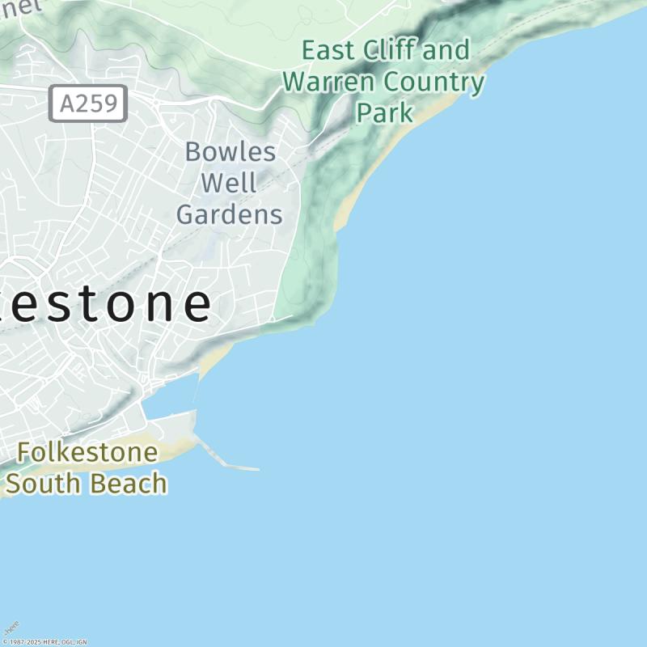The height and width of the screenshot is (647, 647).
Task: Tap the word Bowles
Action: (230, 151)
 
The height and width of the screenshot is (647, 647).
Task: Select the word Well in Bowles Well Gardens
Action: (229, 183)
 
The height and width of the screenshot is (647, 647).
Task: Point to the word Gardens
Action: (229, 214)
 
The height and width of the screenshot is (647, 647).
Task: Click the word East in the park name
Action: (328, 50)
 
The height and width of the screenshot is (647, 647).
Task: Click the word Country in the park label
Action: (433, 82)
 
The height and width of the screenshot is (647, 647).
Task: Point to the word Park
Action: (385, 112)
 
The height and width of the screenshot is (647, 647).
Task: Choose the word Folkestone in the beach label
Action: (87, 452)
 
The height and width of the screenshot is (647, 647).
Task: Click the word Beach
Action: (129, 484)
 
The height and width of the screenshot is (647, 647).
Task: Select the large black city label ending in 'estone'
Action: (105, 303)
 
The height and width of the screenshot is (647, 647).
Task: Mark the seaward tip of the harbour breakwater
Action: (257, 469)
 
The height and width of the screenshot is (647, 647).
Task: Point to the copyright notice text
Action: (44, 642)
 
